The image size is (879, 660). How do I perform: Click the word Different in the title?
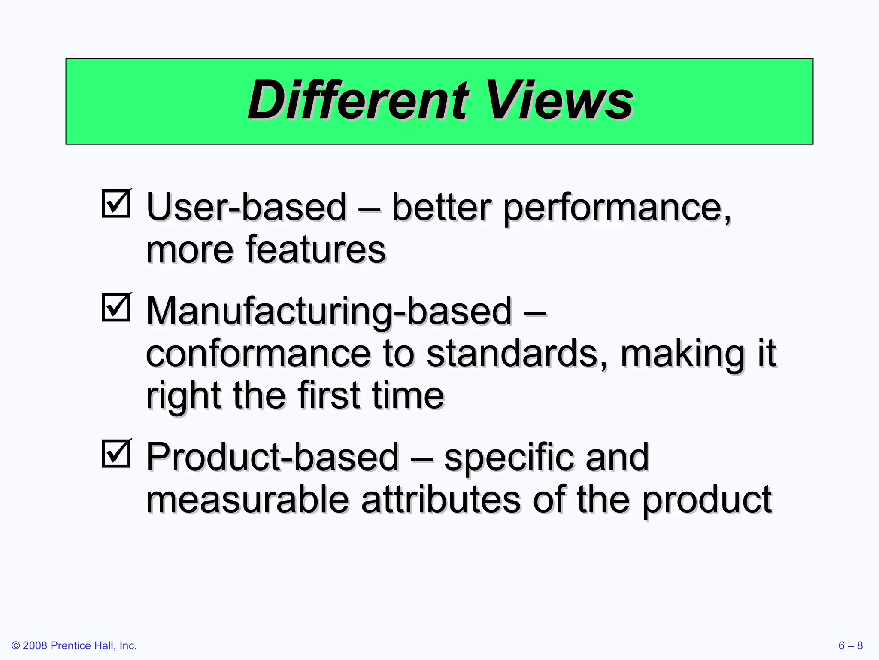(358, 101)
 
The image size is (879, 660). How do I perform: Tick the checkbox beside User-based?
(116, 204)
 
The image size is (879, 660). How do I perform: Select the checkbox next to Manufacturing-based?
(116, 308)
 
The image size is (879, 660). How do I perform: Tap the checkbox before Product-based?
(116, 454)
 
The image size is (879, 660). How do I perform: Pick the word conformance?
(258, 354)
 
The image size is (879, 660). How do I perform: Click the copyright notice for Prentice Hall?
(74, 645)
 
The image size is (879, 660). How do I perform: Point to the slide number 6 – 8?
(850, 645)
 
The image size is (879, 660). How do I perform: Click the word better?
(441, 207)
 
